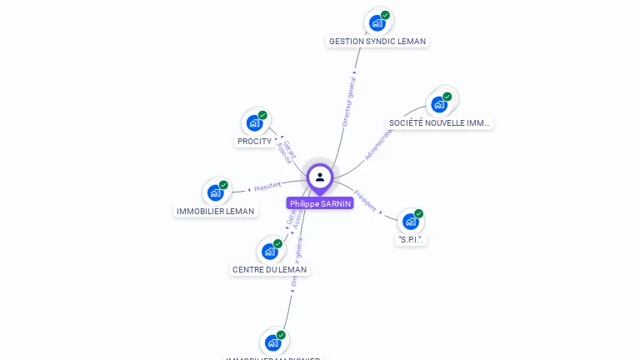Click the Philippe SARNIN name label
point(320,203)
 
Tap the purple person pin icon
point(320,177)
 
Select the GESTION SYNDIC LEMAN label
point(377,41)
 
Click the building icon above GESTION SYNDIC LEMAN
point(377,22)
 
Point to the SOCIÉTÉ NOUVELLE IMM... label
point(440,123)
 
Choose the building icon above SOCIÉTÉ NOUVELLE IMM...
point(439,104)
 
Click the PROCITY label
point(254,142)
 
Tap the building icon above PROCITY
point(255,122)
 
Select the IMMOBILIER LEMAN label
point(216,212)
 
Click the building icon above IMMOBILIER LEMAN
point(216,192)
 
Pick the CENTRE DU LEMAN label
point(269,270)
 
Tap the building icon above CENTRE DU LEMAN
point(270,251)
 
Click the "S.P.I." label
point(411,240)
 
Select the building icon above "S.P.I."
point(410,221)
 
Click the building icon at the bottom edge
point(273,342)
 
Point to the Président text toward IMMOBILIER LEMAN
point(267,186)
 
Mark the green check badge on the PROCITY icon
point(262,115)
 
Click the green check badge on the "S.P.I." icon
point(418,213)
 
